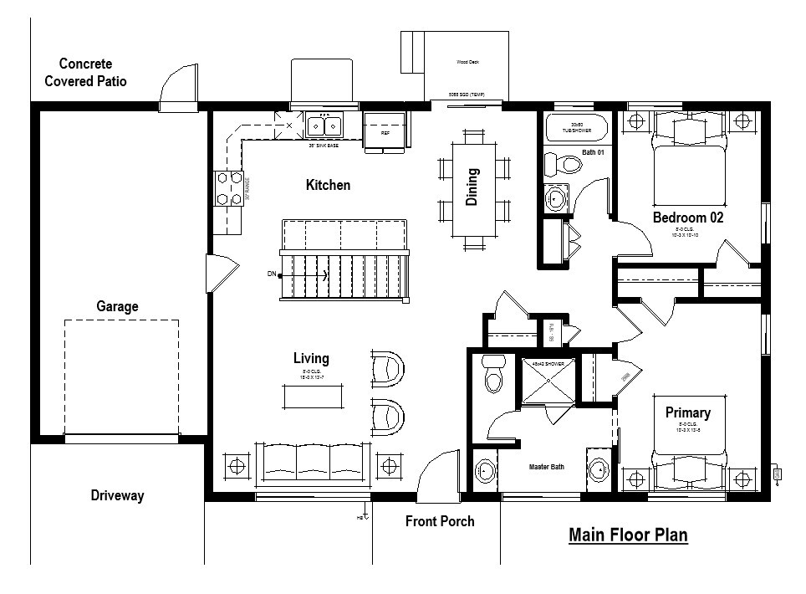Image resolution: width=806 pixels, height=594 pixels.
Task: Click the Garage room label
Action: [x=117, y=306]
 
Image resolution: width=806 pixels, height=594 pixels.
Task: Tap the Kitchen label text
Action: [x=328, y=185]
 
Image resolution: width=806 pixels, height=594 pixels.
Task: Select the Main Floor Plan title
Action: [x=628, y=535]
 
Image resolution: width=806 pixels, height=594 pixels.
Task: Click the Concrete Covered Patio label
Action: [x=85, y=73]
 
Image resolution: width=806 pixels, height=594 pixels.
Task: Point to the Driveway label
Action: [x=117, y=495]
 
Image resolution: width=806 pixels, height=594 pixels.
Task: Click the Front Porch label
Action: [x=440, y=521]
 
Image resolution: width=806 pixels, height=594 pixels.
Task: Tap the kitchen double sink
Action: [x=325, y=126]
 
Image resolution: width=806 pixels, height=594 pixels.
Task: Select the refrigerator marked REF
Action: [x=385, y=131]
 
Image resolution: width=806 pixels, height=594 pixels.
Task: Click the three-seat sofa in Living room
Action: [x=311, y=463]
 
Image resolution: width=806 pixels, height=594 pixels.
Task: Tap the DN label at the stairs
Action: [x=271, y=274]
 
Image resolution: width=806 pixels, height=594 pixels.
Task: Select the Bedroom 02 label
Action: [x=687, y=218]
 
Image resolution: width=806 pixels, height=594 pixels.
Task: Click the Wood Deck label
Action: [x=467, y=62]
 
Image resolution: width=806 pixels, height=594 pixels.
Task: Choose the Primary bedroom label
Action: [x=687, y=412]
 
